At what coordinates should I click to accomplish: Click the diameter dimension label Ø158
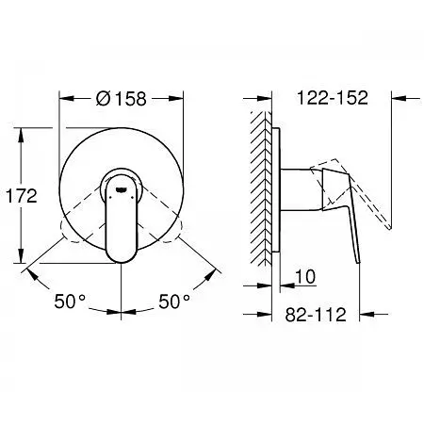[122, 99]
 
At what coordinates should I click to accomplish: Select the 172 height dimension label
[22, 196]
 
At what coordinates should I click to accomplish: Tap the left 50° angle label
[70, 302]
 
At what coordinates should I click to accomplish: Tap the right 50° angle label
[174, 302]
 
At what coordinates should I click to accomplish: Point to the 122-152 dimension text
[333, 98]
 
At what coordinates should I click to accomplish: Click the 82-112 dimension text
[316, 314]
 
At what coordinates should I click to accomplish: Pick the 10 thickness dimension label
[305, 277]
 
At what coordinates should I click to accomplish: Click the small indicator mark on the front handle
[122, 189]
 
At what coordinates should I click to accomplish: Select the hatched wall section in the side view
[261, 188]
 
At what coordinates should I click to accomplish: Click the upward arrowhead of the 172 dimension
[21, 135]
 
